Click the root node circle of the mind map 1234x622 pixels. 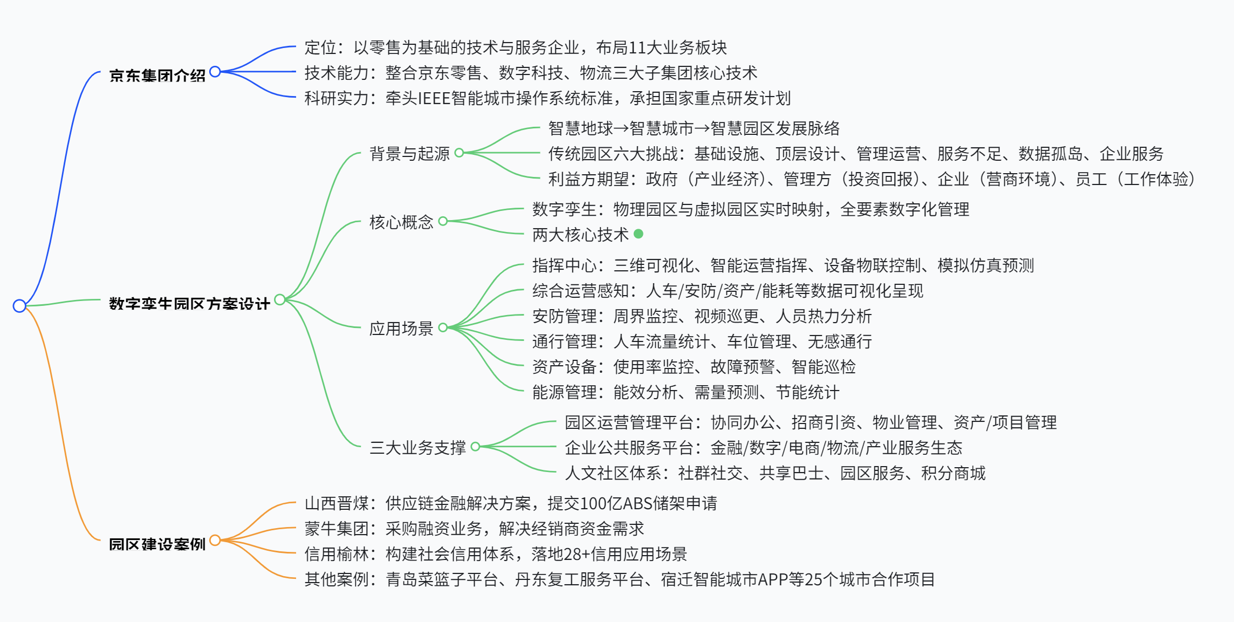pyautogui.click(x=19, y=306)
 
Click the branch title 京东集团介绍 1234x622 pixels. pyautogui.click(x=157, y=76)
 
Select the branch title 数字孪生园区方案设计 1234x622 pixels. pyautogui.click(x=189, y=304)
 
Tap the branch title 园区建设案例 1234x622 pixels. pyautogui.click(x=157, y=544)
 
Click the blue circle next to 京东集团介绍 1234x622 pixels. pyautogui.click(x=215, y=71)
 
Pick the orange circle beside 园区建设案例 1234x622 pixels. pyautogui.click(x=215, y=540)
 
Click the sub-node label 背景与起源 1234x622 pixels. pyautogui.click(x=409, y=154)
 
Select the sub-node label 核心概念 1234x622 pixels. pyautogui.click(x=401, y=222)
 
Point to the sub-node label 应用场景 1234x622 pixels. pyautogui.click(x=401, y=328)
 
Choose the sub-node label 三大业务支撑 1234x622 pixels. pyautogui.click(x=417, y=447)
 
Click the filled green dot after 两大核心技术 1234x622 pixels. pyautogui.click(x=639, y=234)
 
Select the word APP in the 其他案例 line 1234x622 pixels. pyautogui.click(x=773, y=580)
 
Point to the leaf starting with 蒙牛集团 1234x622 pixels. pyautogui.click(x=474, y=529)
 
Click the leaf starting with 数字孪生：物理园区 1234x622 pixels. pyautogui.click(x=750, y=209)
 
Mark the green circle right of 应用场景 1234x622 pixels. pyautogui.click(x=443, y=327)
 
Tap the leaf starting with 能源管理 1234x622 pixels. pyautogui.click(x=685, y=392)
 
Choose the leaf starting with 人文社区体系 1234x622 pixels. pyautogui.click(x=775, y=473)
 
